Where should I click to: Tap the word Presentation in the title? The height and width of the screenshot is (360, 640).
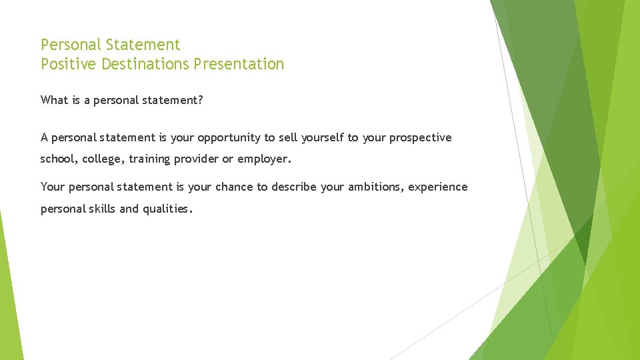coord(239,64)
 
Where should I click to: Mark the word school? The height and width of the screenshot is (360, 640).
coord(57,159)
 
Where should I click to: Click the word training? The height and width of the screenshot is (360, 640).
coord(151,159)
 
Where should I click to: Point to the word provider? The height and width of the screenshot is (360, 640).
coord(199,159)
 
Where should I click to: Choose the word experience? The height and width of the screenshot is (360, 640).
coord(438,187)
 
